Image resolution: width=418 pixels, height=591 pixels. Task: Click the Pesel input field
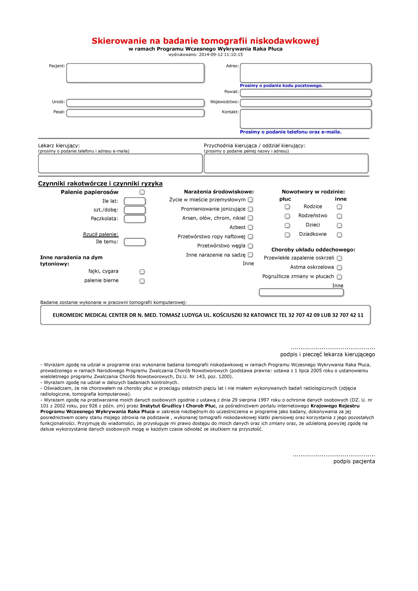tap(135, 113)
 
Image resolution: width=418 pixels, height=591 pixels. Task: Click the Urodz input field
tap(135, 103)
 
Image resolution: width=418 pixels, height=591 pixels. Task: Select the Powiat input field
tap(306, 93)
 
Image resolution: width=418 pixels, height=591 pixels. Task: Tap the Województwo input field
tap(306, 103)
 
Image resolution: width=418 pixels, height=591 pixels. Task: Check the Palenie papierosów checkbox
tap(142, 192)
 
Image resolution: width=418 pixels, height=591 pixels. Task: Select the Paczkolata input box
tap(135, 219)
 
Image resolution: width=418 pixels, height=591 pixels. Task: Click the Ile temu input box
tap(135, 242)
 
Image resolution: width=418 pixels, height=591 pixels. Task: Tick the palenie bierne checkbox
tap(142, 281)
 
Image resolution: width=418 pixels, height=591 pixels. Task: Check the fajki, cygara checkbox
tap(142, 272)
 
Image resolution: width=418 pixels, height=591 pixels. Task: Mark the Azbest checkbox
tap(250, 227)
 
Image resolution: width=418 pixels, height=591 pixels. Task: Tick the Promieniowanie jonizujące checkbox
tap(250, 209)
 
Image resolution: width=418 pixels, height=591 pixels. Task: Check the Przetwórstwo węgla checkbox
tap(250, 246)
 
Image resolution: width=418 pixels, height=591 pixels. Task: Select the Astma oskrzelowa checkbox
tap(339, 267)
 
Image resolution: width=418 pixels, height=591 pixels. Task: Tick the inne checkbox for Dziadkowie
tap(339, 235)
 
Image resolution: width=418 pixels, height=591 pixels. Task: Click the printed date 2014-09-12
tap(210, 55)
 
